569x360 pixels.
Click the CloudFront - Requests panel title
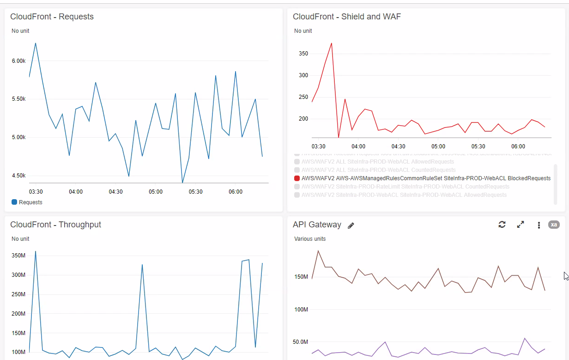click(52, 17)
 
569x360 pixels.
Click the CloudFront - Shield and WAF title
click(346, 17)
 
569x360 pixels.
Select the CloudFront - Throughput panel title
click(55, 225)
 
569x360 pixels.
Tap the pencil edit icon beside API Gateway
click(351, 226)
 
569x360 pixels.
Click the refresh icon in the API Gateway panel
click(502, 225)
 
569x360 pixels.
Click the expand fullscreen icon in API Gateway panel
click(521, 225)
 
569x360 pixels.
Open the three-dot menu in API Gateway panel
click(539, 225)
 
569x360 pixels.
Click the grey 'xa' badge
click(554, 225)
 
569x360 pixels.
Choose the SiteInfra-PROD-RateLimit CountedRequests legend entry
click(401, 187)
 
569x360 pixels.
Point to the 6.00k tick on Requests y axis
click(18, 61)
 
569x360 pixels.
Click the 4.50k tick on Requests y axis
click(18, 176)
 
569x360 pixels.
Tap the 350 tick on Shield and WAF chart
click(303, 54)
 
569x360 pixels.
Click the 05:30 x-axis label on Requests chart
click(195, 192)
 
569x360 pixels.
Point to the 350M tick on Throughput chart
click(18, 255)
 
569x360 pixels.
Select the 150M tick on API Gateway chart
click(301, 277)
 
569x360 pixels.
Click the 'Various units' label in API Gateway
click(310, 239)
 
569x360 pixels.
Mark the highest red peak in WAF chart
click(331, 43)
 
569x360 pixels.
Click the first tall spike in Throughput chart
click(36, 251)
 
